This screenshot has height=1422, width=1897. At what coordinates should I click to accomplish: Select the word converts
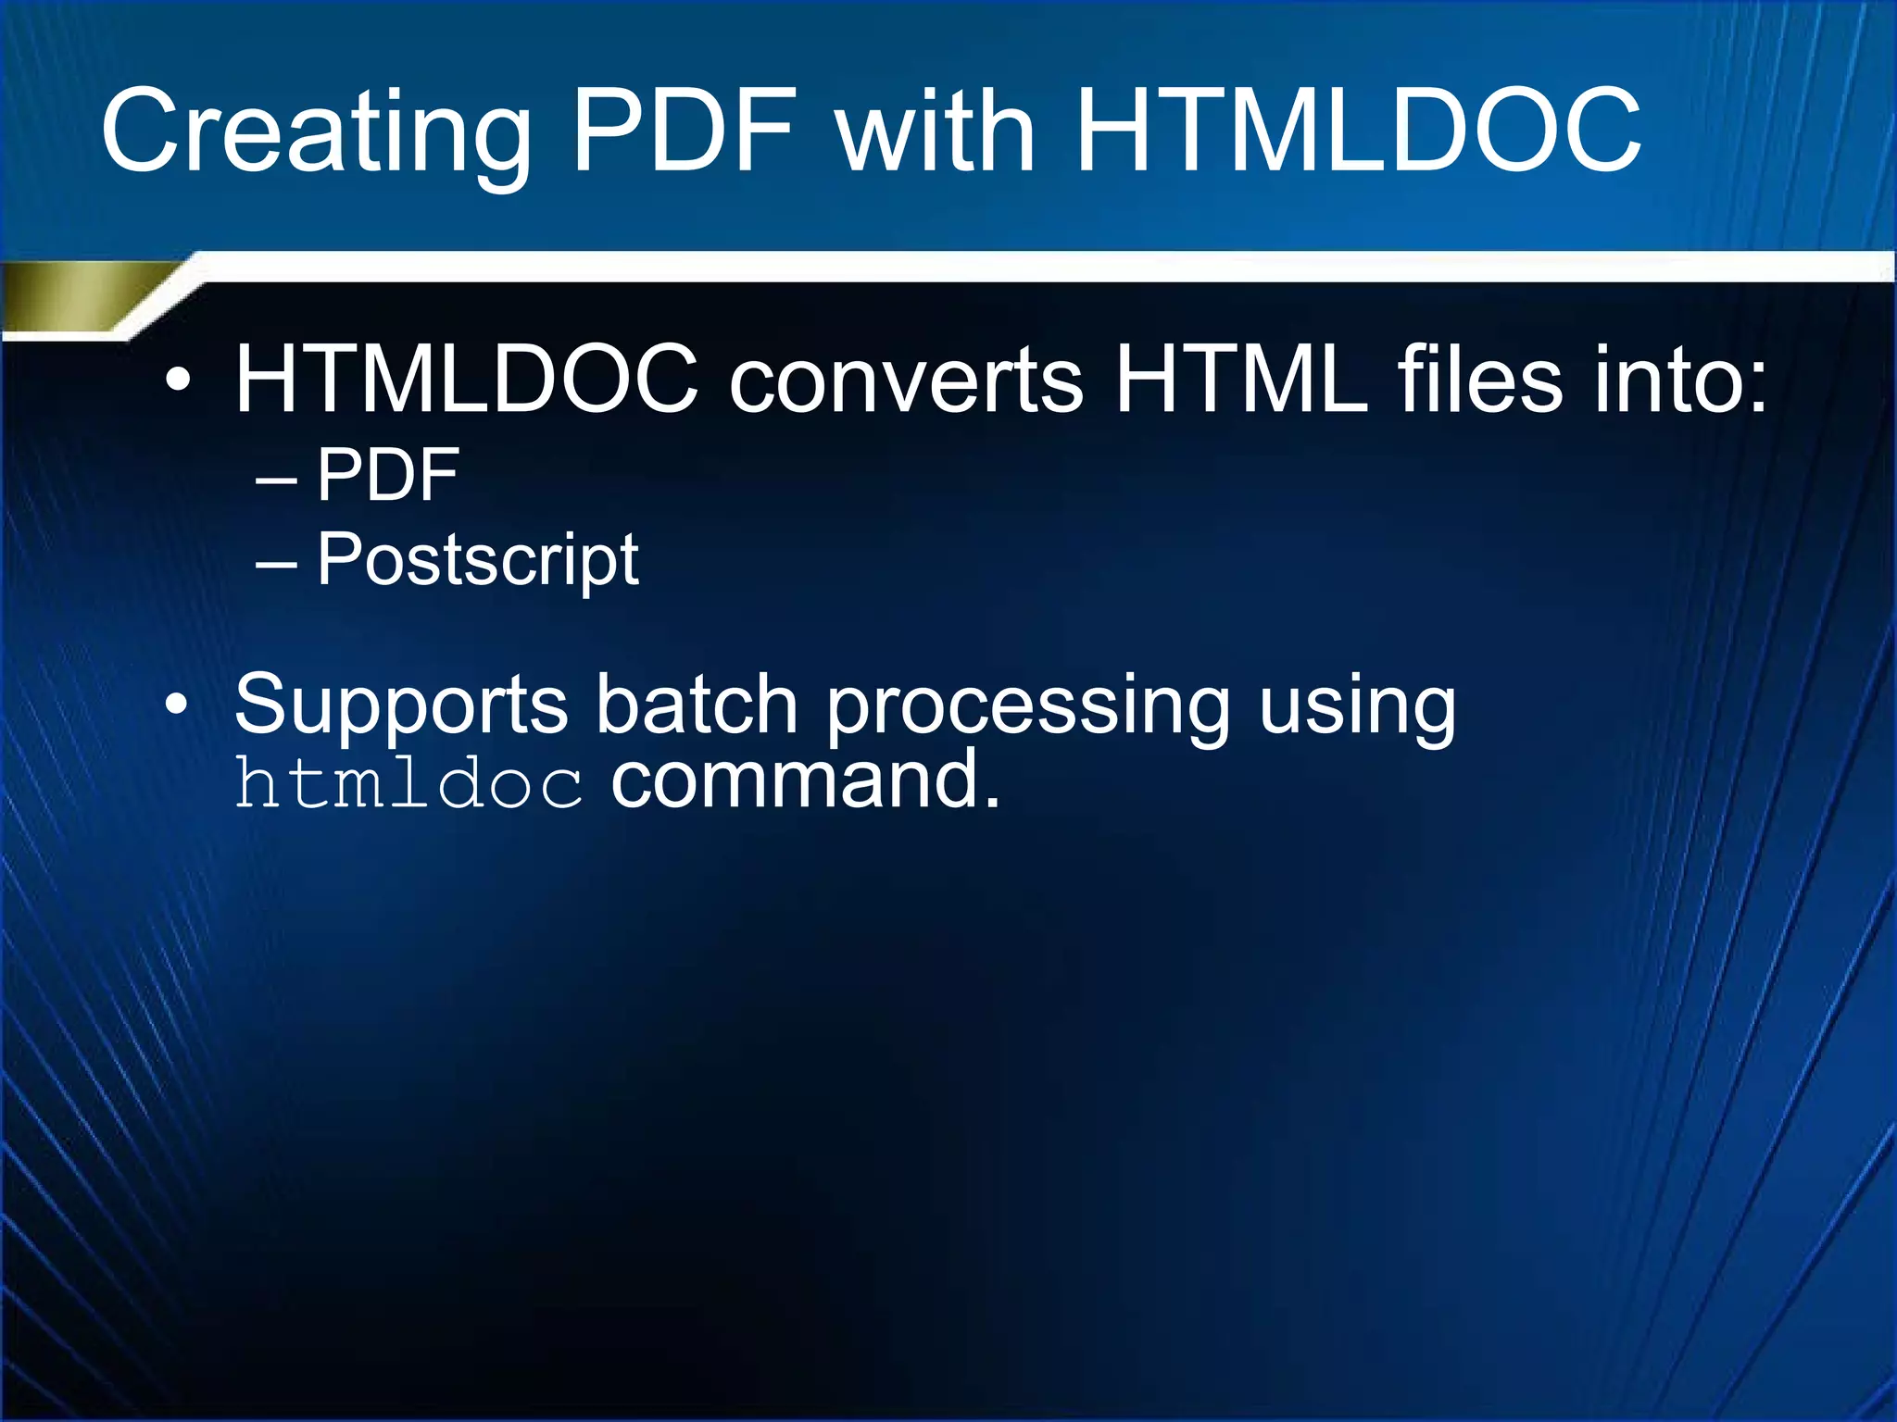(905, 380)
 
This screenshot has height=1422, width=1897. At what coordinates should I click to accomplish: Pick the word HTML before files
(1241, 379)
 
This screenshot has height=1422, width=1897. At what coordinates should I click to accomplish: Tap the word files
(1478, 379)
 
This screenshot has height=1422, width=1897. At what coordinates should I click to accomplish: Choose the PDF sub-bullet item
(388, 475)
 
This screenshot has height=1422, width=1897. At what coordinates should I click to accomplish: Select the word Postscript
(477, 561)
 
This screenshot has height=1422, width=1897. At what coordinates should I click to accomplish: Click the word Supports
(400, 705)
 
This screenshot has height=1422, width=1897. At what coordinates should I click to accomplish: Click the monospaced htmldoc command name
(408, 783)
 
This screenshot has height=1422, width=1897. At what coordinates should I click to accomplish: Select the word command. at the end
(805, 780)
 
